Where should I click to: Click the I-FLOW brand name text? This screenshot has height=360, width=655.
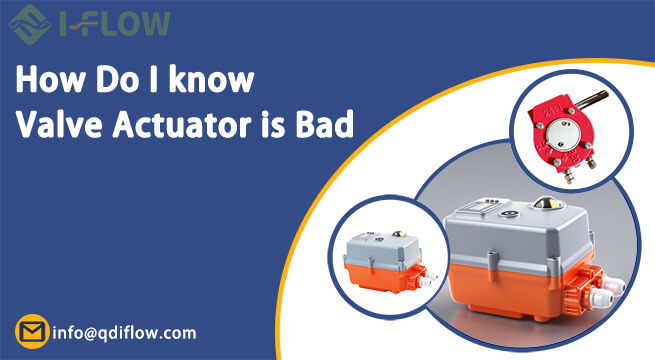pos(111,22)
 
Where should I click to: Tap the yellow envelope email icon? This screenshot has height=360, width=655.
pos(32,331)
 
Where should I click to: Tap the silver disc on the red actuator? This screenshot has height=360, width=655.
pos(568,129)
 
